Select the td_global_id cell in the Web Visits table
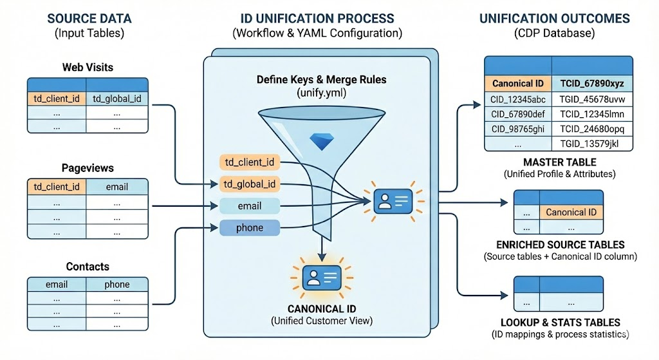coord(116,99)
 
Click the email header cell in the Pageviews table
coord(116,187)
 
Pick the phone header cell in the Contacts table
coord(116,284)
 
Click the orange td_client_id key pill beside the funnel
coord(250,162)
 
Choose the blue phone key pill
coord(250,227)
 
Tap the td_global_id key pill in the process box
coord(250,184)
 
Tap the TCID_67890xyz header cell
coord(592,84)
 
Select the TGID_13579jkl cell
coord(592,143)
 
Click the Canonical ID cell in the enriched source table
coord(571,212)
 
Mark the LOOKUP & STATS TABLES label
coord(560,322)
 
